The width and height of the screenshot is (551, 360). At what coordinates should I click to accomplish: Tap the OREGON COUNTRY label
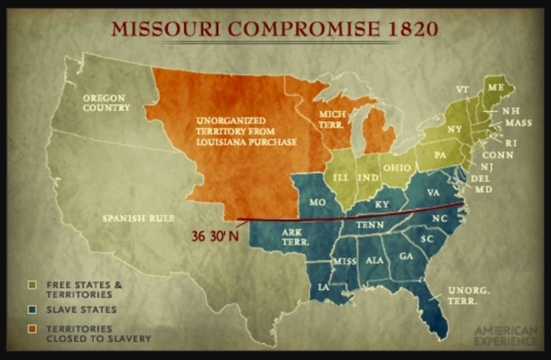tap(106, 103)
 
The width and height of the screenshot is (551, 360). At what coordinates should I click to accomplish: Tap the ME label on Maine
tap(495, 87)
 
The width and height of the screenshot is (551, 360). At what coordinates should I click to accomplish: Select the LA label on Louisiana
tap(325, 285)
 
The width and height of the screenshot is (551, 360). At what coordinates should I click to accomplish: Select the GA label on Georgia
tap(406, 256)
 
